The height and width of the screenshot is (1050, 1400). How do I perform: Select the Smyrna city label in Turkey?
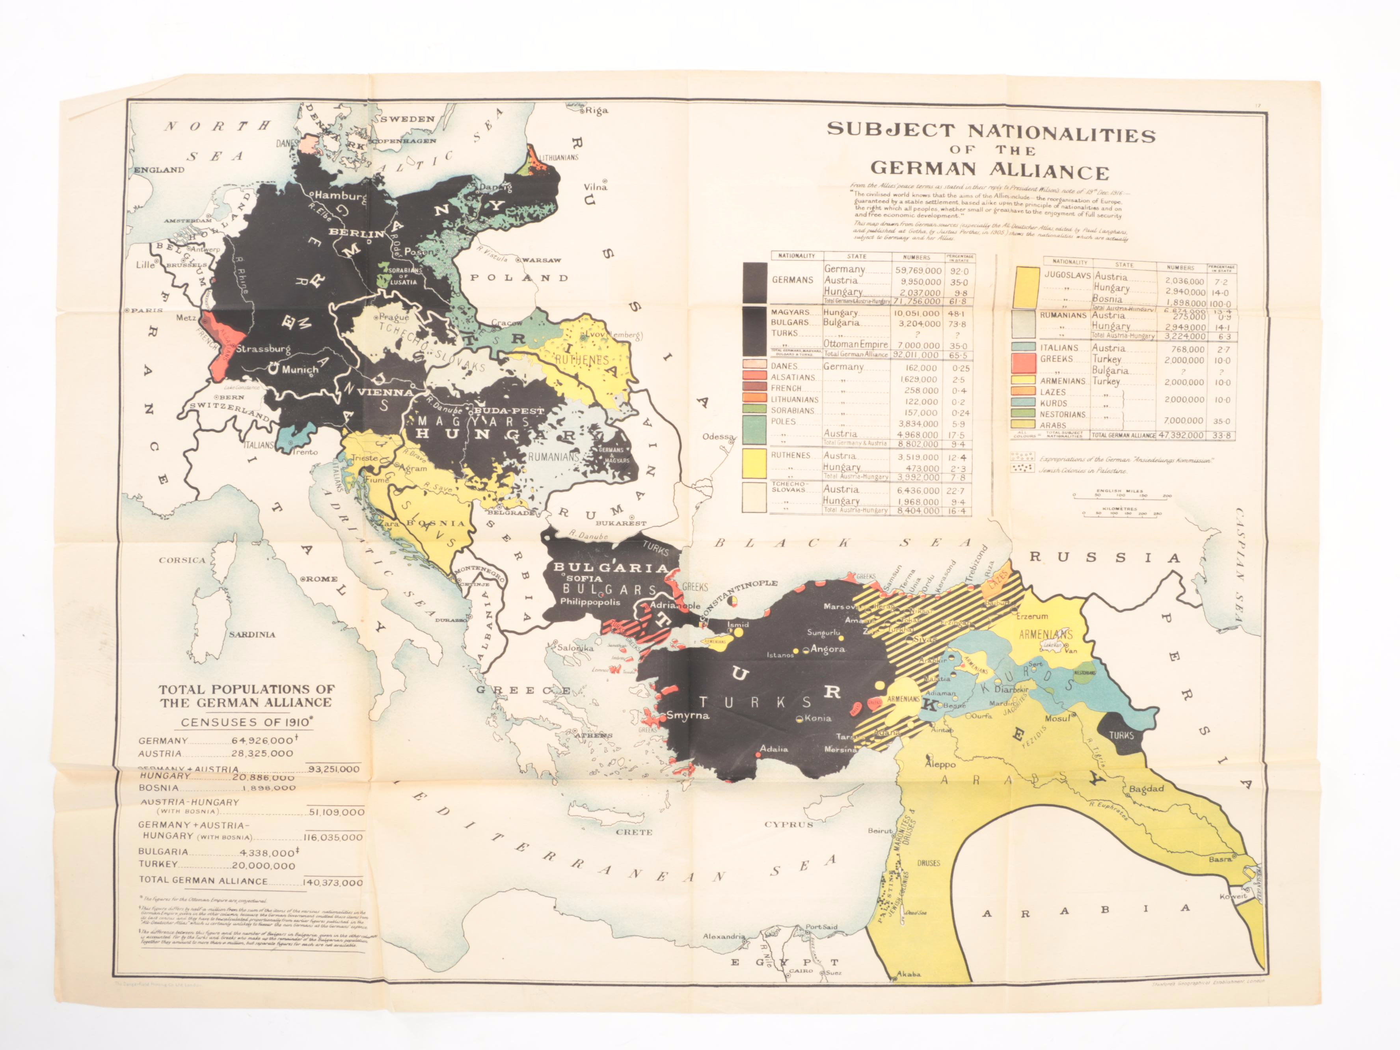click(687, 716)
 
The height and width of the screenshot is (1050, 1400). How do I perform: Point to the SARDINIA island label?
click(252, 634)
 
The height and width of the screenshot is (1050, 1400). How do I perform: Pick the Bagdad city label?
click(1146, 789)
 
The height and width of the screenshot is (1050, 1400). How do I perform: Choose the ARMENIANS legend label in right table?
click(1063, 381)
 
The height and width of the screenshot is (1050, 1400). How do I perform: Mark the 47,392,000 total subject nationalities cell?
click(1181, 436)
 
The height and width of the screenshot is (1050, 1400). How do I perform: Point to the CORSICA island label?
click(182, 560)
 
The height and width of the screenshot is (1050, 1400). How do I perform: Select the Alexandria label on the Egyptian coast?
click(723, 936)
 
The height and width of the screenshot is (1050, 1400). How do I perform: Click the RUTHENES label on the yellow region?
click(581, 360)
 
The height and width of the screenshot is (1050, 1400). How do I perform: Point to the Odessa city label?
click(718, 437)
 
